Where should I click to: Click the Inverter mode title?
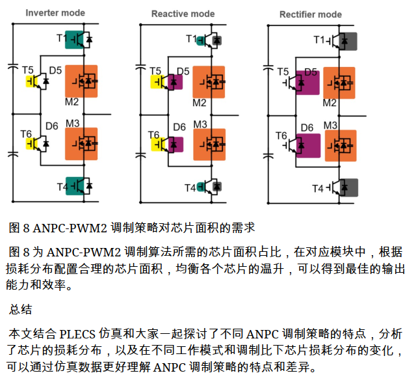pos(55,13)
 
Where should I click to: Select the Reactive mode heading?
pos(183,14)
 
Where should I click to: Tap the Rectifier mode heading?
pos(311,14)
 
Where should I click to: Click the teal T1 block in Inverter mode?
pos(74,40)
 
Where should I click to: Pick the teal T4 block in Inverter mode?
pos(75,186)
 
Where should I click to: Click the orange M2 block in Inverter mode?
pos(81,81)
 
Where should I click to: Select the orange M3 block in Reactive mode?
pos(209,144)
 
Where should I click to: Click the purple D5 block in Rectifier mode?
pos(307,83)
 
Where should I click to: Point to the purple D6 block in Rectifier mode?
pos(308,146)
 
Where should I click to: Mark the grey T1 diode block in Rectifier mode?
pos(348,42)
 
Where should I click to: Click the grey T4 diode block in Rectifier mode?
pos(349,187)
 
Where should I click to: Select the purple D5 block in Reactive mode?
pos(175,82)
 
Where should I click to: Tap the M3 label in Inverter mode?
pos(72,124)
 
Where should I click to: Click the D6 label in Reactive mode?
pos(179,127)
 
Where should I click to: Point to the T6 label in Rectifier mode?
pos(281,136)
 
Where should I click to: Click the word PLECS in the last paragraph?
pos(77,334)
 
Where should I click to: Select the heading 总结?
pos(20,309)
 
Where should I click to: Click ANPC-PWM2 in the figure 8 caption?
pos(70,228)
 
